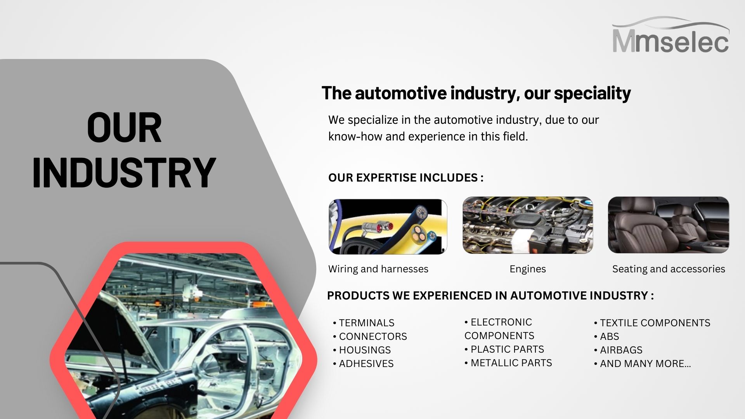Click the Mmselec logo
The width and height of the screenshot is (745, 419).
pyautogui.click(x=670, y=35)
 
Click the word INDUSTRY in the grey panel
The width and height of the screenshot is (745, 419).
pyautogui.click(x=124, y=173)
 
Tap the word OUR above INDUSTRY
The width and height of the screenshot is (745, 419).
pyautogui.click(x=124, y=128)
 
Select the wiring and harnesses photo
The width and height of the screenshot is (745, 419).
pyautogui.click(x=388, y=227)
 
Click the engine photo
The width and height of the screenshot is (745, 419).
pyautogui.click(x=528, y=225)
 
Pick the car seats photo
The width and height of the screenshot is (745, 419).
pyautogui.click(x=669, y=225)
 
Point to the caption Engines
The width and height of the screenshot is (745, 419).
pyautogui.click(x=528, y=269)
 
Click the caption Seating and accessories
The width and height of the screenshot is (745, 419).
pyautogui.click(x=669, y=269)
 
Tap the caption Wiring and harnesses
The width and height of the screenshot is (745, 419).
pyautogui.click(x=378, y=269)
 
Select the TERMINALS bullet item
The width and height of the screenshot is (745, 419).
pyautogui.click(x=364, y=323)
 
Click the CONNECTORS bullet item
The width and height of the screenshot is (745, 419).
pyautogui.click(x=370, y=336)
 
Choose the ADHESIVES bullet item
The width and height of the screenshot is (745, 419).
pyautogui.click(x=363, y=364)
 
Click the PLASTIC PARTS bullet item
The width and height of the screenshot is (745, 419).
pyautogui.click(x=504, y=349)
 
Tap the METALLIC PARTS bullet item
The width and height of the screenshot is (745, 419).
pyautogui.click(x=508, y=363)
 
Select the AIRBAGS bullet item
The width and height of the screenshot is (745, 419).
pyautogui.click(x=618, y=350)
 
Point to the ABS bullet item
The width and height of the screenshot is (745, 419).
pyautogui.click(x=606, y=336)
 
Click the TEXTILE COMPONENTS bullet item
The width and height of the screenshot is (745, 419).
pyautogui.click(x=652, y=323)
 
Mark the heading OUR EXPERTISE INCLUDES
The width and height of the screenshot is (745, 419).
pyautogui.click(x=406, y=178)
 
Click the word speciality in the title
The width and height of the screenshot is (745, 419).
pyautogui.click(x=592, y=93)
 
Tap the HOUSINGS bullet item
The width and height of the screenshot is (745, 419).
pyautogui.click(x=362, y=350)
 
